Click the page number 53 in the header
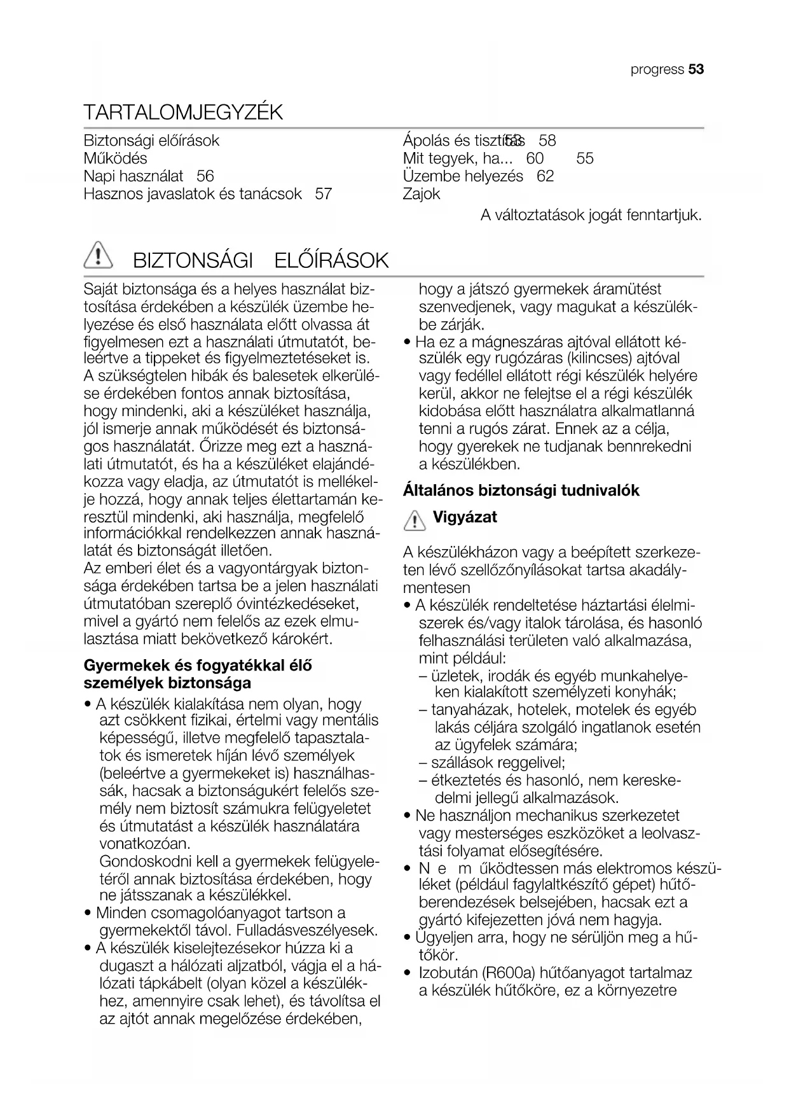(x=696, y=69)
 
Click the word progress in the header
(x=657, y=70)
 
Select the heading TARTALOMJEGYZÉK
(x=183, y=113)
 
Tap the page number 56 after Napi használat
(x=205, y=176)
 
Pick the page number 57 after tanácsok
(x=324, y=194)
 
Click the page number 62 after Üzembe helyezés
(x=545, y=176)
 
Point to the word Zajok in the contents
(x=422, y=194)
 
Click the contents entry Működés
(x=115, y=158)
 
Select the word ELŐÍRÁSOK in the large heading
(x=331, y=261)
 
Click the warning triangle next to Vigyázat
(x=415, y=520)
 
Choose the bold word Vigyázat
(x=465, y=517)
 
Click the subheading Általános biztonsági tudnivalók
(x=521, y=491)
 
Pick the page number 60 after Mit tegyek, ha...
(x=535, y=158)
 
